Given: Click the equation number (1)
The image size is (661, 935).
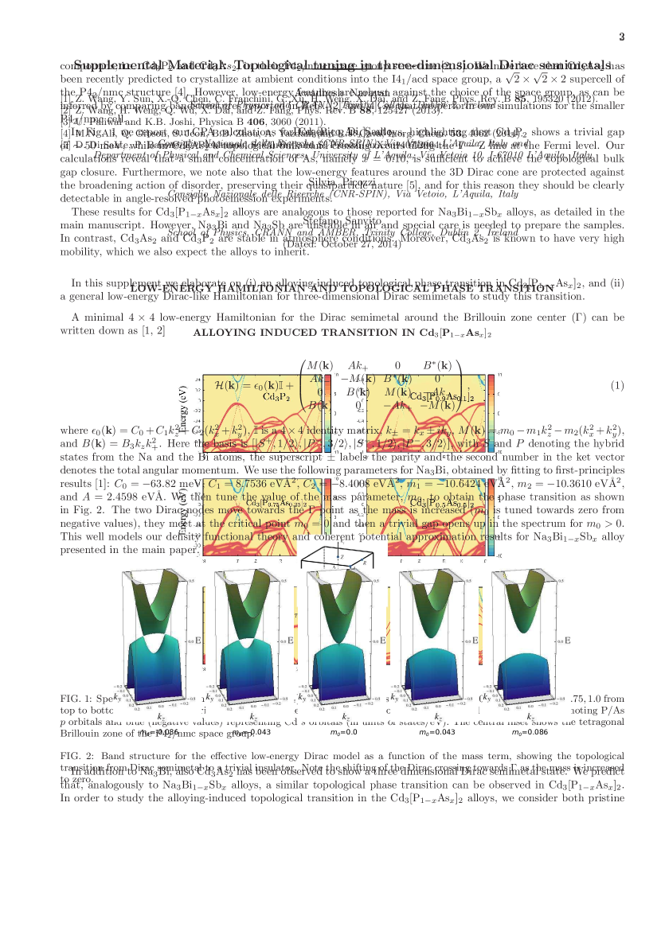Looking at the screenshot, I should pos(617,385).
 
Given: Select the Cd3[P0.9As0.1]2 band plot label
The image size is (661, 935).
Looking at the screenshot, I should pos(441,396).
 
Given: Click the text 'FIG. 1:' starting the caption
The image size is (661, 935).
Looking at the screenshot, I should pos(78,698).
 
